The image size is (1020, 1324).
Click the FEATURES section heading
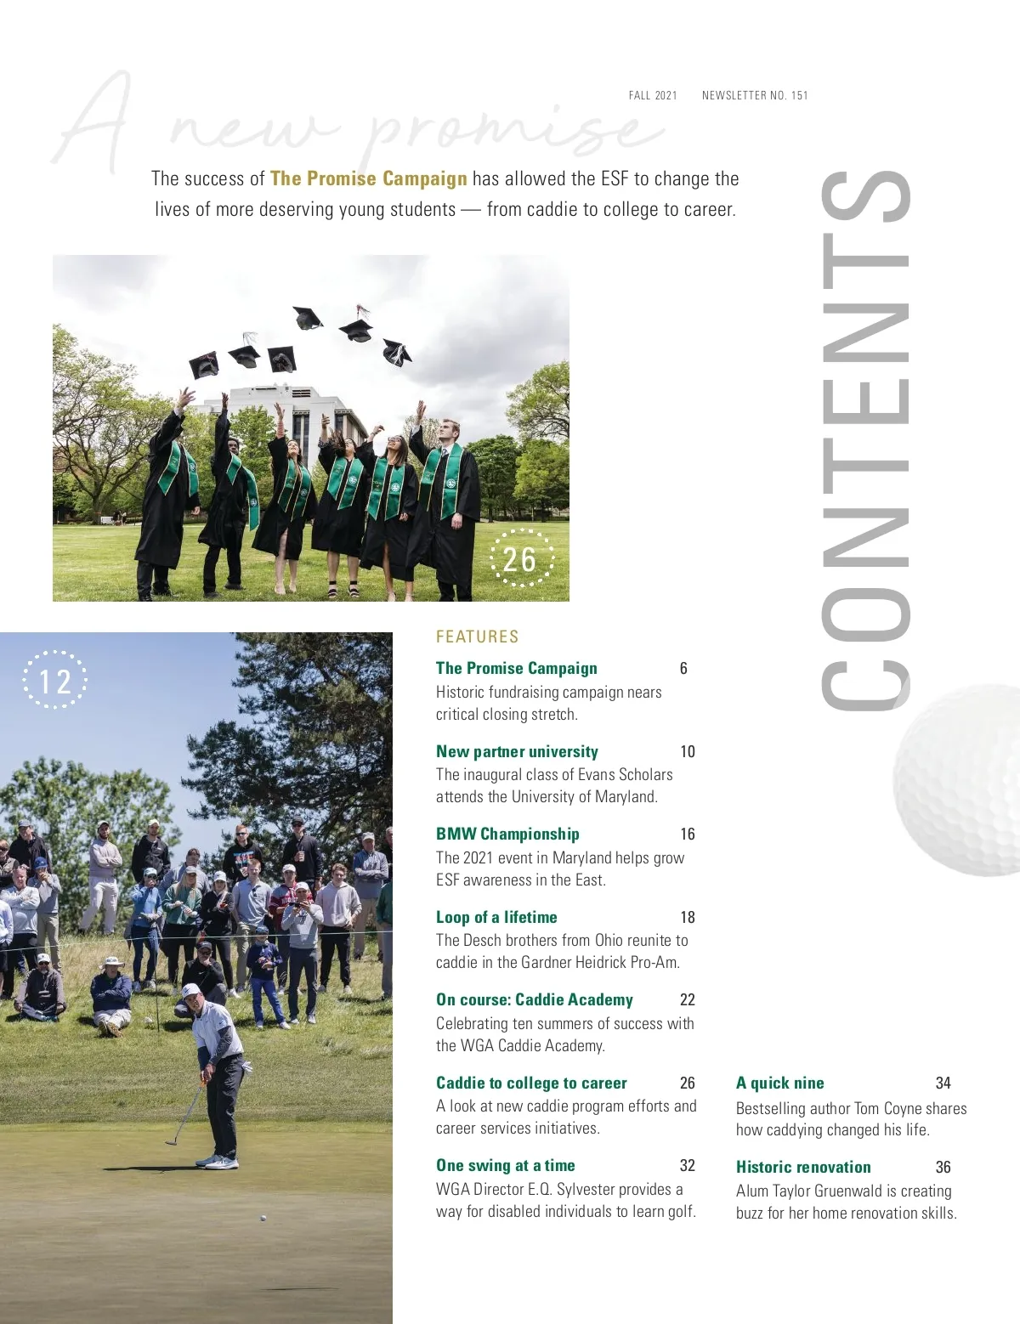477,637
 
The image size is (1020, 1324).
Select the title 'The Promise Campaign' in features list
516,668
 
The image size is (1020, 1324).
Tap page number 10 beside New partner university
687,751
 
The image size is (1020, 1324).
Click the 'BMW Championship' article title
507,834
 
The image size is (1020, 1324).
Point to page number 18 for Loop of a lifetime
687,917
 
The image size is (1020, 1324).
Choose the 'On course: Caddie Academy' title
534,999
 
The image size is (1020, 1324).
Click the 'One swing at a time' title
505,1165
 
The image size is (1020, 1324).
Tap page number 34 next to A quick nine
943,1083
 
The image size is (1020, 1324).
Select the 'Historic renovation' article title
803,1167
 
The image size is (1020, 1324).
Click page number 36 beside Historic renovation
943,1167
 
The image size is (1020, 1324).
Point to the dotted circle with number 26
519,559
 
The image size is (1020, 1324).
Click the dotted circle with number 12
54,681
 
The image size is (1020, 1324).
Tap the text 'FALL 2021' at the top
653,95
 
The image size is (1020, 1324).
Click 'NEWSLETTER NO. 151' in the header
755,95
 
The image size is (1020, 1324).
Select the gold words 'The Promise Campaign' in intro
368,178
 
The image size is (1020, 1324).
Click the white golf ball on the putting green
263,1218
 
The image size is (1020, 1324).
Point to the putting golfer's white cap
192,990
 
